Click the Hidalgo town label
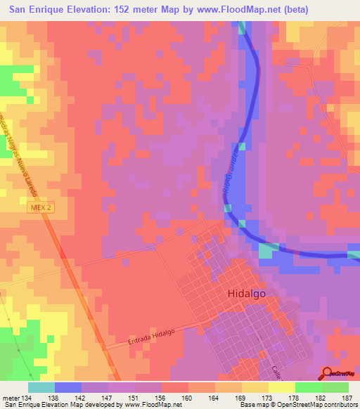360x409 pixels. point(246,295)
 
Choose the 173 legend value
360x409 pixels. point(269,398)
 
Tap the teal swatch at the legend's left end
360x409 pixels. point(41,387)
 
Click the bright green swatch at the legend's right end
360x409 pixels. point(335,387)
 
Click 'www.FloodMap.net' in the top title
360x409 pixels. point(229,8)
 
